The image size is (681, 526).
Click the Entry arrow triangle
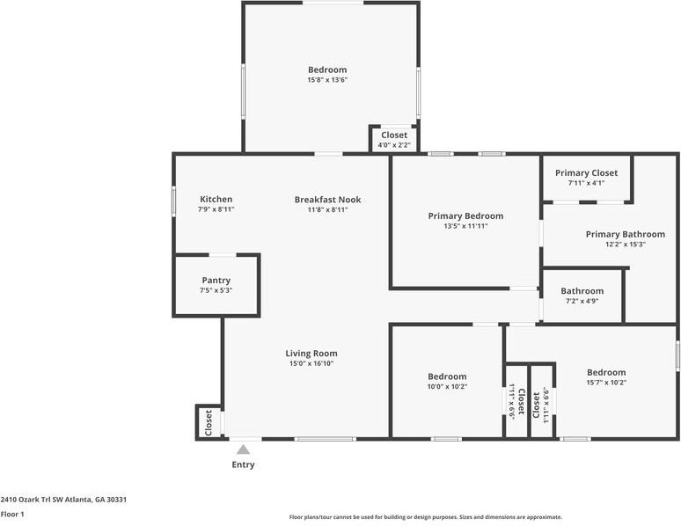click(243, 449)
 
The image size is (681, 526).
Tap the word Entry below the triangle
click(243, 464)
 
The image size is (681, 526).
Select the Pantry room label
click(216, 281)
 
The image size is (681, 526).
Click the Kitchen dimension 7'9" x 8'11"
click(216, 209)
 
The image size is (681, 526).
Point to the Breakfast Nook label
click(328, 200)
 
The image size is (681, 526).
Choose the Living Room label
click(311, 354)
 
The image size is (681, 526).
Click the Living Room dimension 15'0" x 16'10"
click(311, 363)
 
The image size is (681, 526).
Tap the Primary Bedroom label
click(466, 216)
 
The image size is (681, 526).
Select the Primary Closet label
click(586, 173)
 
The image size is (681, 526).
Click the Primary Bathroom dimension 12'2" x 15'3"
click(626, 245)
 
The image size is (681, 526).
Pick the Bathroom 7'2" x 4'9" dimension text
click(582, 301)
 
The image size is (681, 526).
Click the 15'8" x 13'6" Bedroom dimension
click(328, 80)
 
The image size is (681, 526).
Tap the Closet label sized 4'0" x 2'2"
click(394, 135)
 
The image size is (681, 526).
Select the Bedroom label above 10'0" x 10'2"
click(447, 376)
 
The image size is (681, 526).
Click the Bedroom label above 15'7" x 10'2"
click(606, 372)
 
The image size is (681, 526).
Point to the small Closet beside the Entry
click(209, 422)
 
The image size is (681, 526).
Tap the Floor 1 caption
click(12, 515)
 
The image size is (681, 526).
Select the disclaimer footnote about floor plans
click(426, 517)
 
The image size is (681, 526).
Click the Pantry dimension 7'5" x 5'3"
click(216, 290)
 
